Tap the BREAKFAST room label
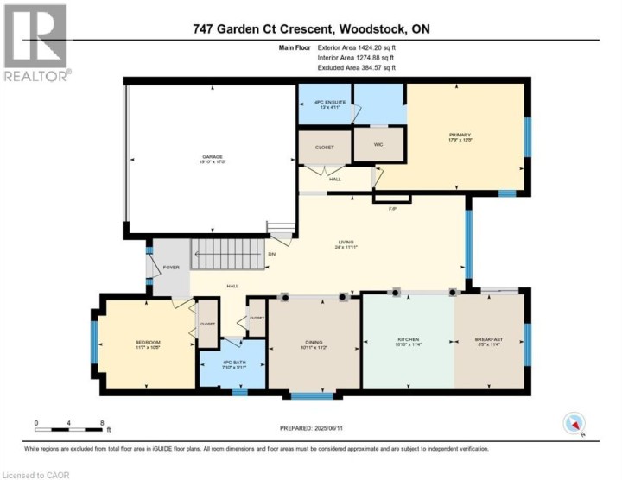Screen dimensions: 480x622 coord(488,340)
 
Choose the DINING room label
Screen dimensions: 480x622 coord(314,343)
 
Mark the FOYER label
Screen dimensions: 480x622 coord(171,268)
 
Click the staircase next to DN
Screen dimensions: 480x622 coord(226,253)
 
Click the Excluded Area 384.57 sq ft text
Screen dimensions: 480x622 coord(356,67)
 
